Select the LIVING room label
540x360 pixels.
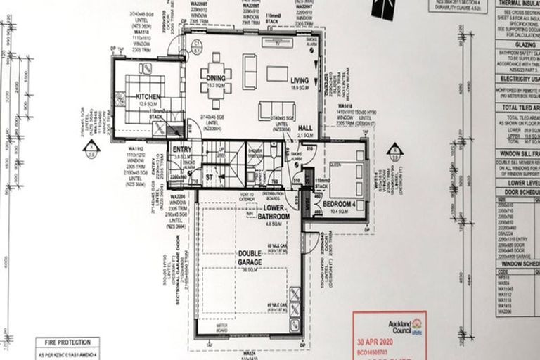click(x=300, y=81)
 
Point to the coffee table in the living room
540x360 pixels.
click(x=277, y=72)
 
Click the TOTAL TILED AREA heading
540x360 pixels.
click(x=517, y=107)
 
